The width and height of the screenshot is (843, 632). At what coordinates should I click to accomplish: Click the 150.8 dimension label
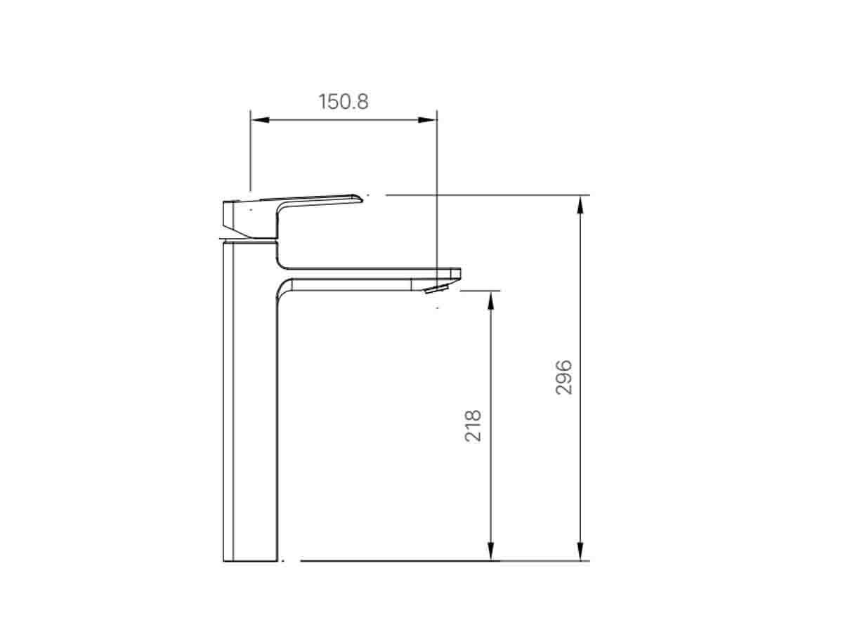click(x=344, y=102)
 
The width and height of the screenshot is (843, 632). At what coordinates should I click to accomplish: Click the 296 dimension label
click(x=564, y=376)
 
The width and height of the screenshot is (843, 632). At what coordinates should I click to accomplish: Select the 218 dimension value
click(x=473, y=426)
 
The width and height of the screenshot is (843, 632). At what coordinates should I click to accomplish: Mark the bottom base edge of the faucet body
click(x=251, y=560)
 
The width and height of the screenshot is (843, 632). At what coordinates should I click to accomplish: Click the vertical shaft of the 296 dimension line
click(x=580, y=456)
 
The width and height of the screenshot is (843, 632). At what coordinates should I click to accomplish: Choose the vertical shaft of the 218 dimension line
click(x=491, y=492)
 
